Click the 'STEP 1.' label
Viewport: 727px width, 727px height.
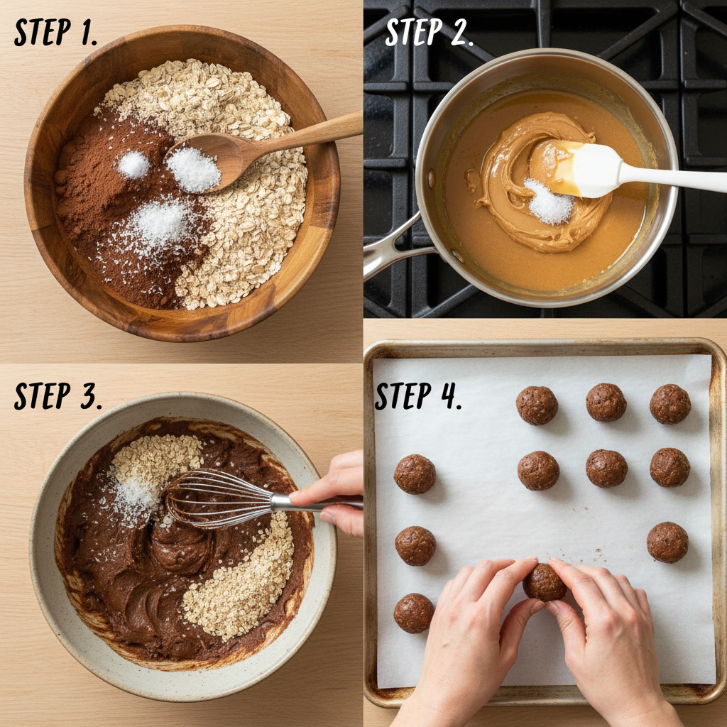click(55, 33)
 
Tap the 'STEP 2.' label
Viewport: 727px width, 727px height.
click(429, 33)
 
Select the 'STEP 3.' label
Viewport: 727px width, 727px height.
click(58, 396)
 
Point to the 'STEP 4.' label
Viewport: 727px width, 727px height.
click(418, 396)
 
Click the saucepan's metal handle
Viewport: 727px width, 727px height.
click(394, 248)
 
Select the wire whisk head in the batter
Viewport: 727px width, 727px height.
click(218, 499)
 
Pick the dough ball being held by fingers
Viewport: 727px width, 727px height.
click(545, 582)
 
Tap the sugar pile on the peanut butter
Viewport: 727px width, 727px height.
click(549, 202)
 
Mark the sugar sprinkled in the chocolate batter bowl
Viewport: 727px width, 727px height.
click(134, 501)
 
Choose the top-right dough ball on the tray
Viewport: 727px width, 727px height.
click(670, 404)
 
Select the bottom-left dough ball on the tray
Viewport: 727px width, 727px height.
click(414, 613)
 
